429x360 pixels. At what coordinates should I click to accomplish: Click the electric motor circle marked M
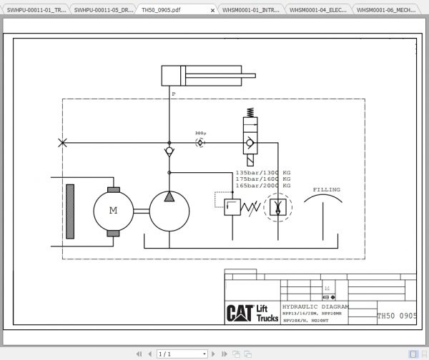113,211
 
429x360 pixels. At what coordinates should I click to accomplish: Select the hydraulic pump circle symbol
169,211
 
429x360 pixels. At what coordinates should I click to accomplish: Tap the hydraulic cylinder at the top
187,76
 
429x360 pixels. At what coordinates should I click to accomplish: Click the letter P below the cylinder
173,94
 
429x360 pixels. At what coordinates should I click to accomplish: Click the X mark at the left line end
63,143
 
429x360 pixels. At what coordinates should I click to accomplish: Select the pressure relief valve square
233,208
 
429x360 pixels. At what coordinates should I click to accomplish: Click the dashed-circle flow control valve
277,208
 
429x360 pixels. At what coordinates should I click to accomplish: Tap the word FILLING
327,189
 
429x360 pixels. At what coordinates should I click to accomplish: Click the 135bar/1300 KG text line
263,173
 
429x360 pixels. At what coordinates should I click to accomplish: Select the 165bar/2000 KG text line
263,185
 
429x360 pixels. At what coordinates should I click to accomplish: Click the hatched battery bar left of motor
70,211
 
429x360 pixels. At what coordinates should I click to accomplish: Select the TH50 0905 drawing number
397,315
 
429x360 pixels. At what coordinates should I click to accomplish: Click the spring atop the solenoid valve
249,112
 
